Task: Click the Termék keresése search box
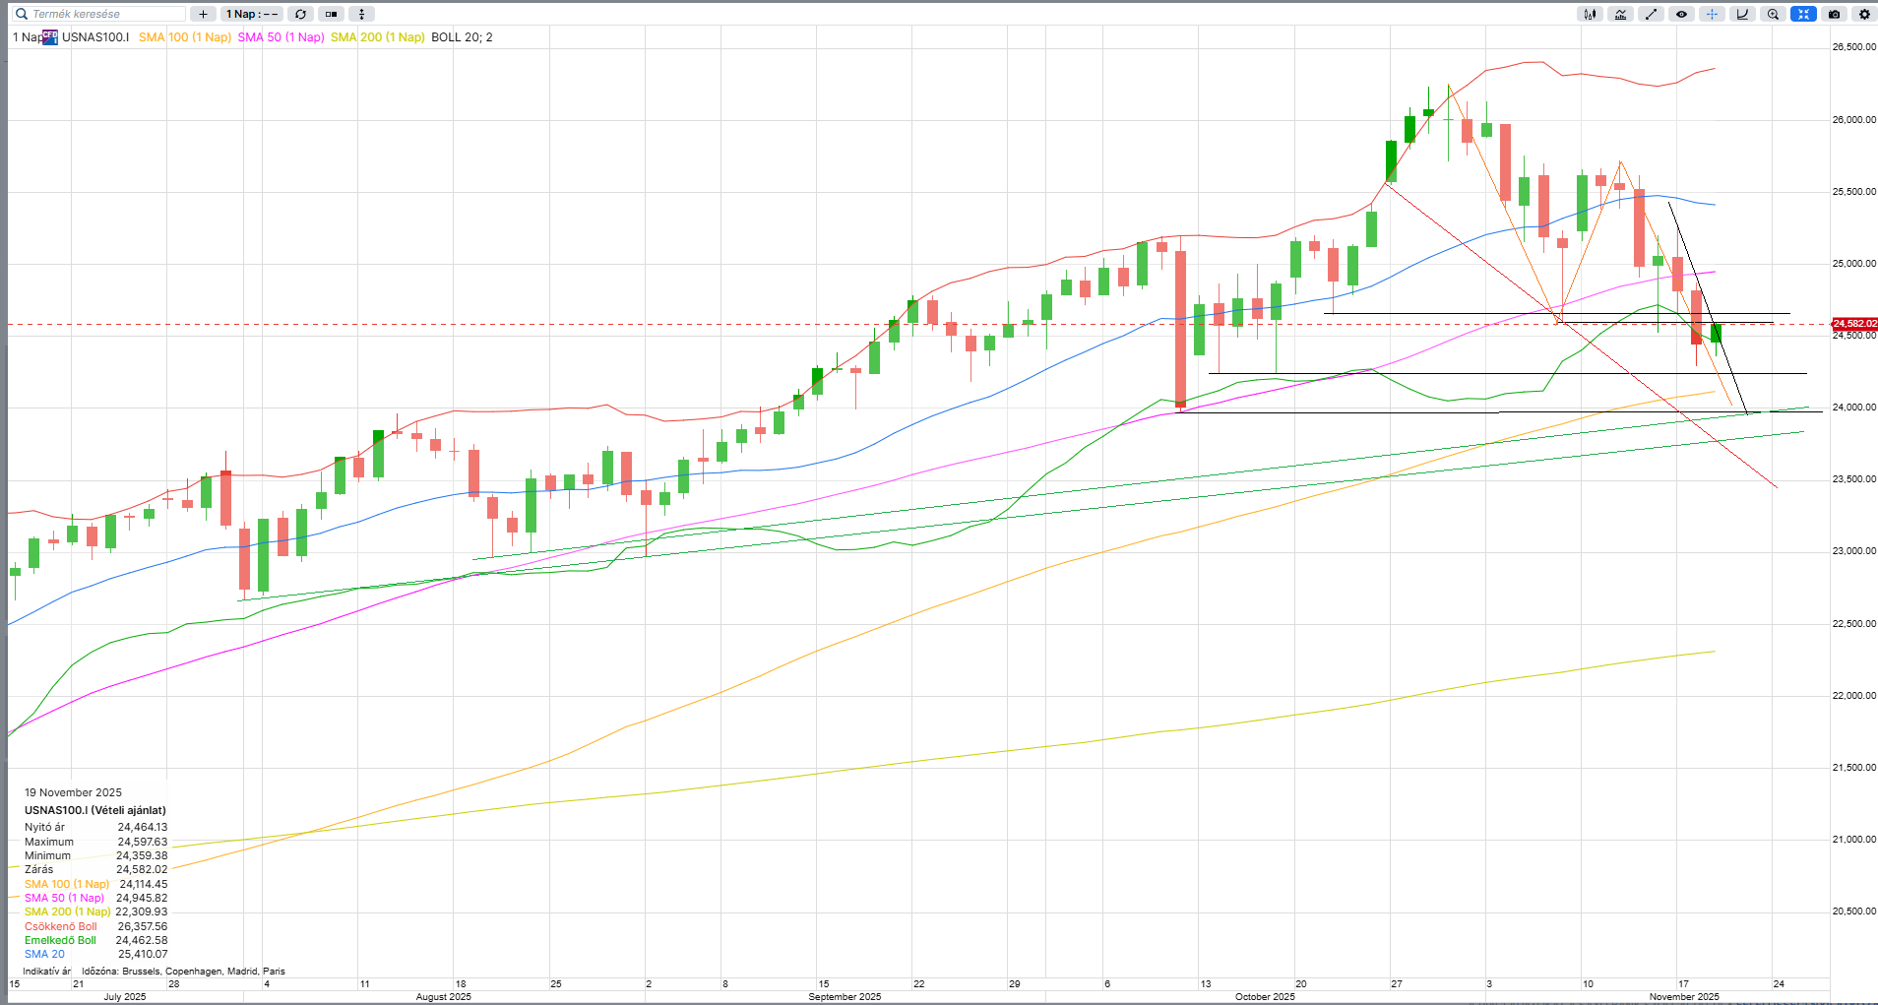pos(98,14)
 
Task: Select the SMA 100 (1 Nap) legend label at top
pos(184,37)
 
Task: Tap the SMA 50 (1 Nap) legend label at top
pos(281,37)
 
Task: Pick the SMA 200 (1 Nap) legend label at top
pos(377,37)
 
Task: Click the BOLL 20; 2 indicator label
pos(462,37)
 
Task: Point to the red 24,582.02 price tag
pos(1853,324)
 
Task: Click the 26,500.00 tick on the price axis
pos(1853,47)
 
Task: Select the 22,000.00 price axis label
pos(1853,696)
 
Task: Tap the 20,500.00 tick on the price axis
pos(1853,911)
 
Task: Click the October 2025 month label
pos(1265,997)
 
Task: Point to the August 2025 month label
pos(443,997)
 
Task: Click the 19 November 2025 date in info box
pos(73,792)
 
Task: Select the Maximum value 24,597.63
pos(143,842)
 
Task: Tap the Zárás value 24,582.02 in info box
pos(142,869)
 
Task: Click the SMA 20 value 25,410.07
pos(143,954)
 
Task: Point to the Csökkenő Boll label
pos(60,926)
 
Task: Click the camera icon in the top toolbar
pos(1834,14)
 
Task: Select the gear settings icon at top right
pos(1864,14)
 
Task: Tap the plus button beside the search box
pos(203,14)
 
